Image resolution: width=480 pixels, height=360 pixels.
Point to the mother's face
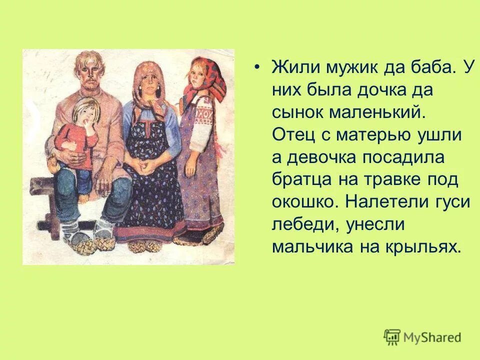pyautogui.click(x=147, y=83)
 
